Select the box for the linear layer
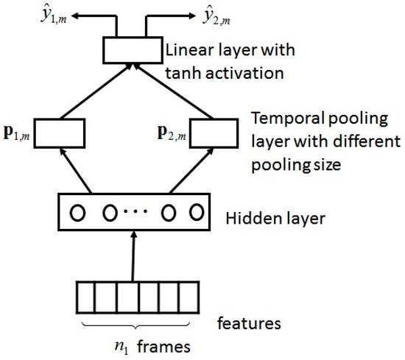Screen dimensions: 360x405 [x=132, y=51]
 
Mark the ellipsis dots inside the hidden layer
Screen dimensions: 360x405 [x=135, y=214]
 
